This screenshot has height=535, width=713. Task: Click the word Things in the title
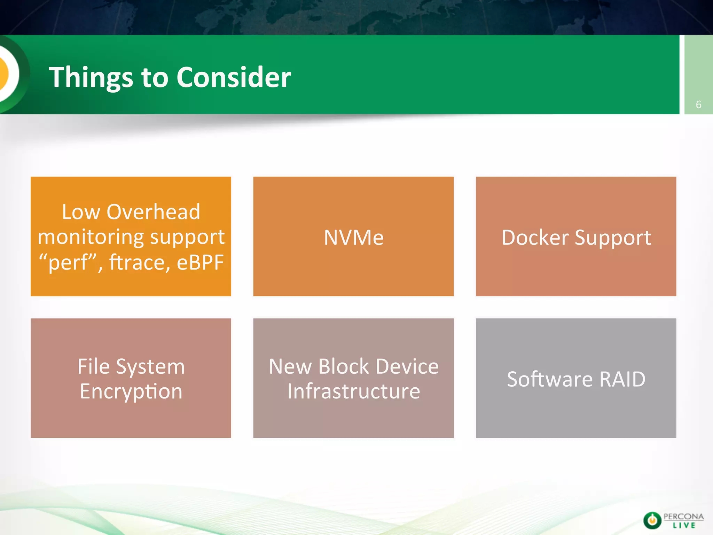coord(91,77)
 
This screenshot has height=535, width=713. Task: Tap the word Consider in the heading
coord(234,77)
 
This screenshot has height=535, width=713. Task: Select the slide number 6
coord(698,104)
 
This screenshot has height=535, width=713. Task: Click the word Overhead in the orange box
coord(153,212)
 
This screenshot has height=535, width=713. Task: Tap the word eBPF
coord(200,262)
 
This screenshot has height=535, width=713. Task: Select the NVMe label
coord(353,238)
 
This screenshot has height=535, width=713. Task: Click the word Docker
coord(535,238)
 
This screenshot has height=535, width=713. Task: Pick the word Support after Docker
coord(613,238)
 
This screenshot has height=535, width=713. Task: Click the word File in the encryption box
coord(93,366)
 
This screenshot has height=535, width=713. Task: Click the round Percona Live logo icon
coord(652,520)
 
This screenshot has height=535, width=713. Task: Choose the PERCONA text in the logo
coord(683,517)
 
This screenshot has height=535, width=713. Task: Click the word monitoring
coord(89,237)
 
